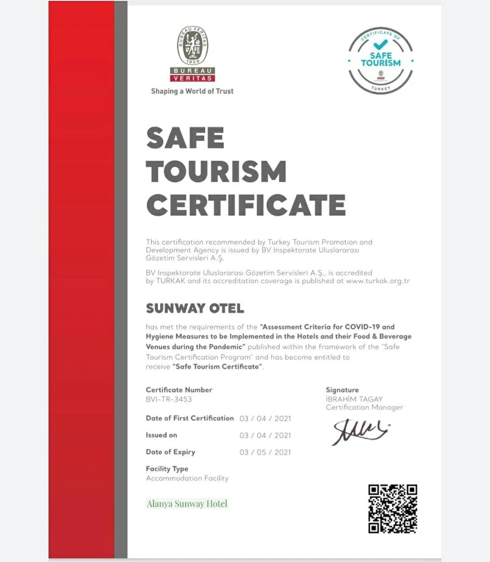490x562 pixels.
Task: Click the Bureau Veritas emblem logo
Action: (192, 54)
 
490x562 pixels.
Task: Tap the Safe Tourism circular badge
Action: (381, 60)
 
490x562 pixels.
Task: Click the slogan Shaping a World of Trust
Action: (192, 91)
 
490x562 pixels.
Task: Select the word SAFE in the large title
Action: (185, 138)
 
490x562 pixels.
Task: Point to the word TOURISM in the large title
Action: (216, 171)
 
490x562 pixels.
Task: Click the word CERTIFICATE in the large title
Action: (246, 205)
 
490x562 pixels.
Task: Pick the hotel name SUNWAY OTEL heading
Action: (195, 308)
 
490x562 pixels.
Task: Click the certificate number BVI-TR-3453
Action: (169, 399)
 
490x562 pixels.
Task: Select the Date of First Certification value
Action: (265, 418)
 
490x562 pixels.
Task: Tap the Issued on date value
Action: (265, 435)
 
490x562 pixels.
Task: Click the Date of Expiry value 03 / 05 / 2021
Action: (265, 452)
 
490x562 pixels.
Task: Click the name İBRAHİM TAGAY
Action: (354, 399)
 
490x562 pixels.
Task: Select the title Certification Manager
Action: (364, 407)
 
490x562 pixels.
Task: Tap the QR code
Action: (392, 508)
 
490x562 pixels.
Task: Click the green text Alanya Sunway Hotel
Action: (187, 503)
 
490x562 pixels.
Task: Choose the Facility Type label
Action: (167, 468)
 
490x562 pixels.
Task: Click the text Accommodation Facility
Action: (187, 478)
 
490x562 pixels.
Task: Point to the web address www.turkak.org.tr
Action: (377, 281)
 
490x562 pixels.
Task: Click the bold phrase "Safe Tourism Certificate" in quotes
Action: (218, 367)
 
